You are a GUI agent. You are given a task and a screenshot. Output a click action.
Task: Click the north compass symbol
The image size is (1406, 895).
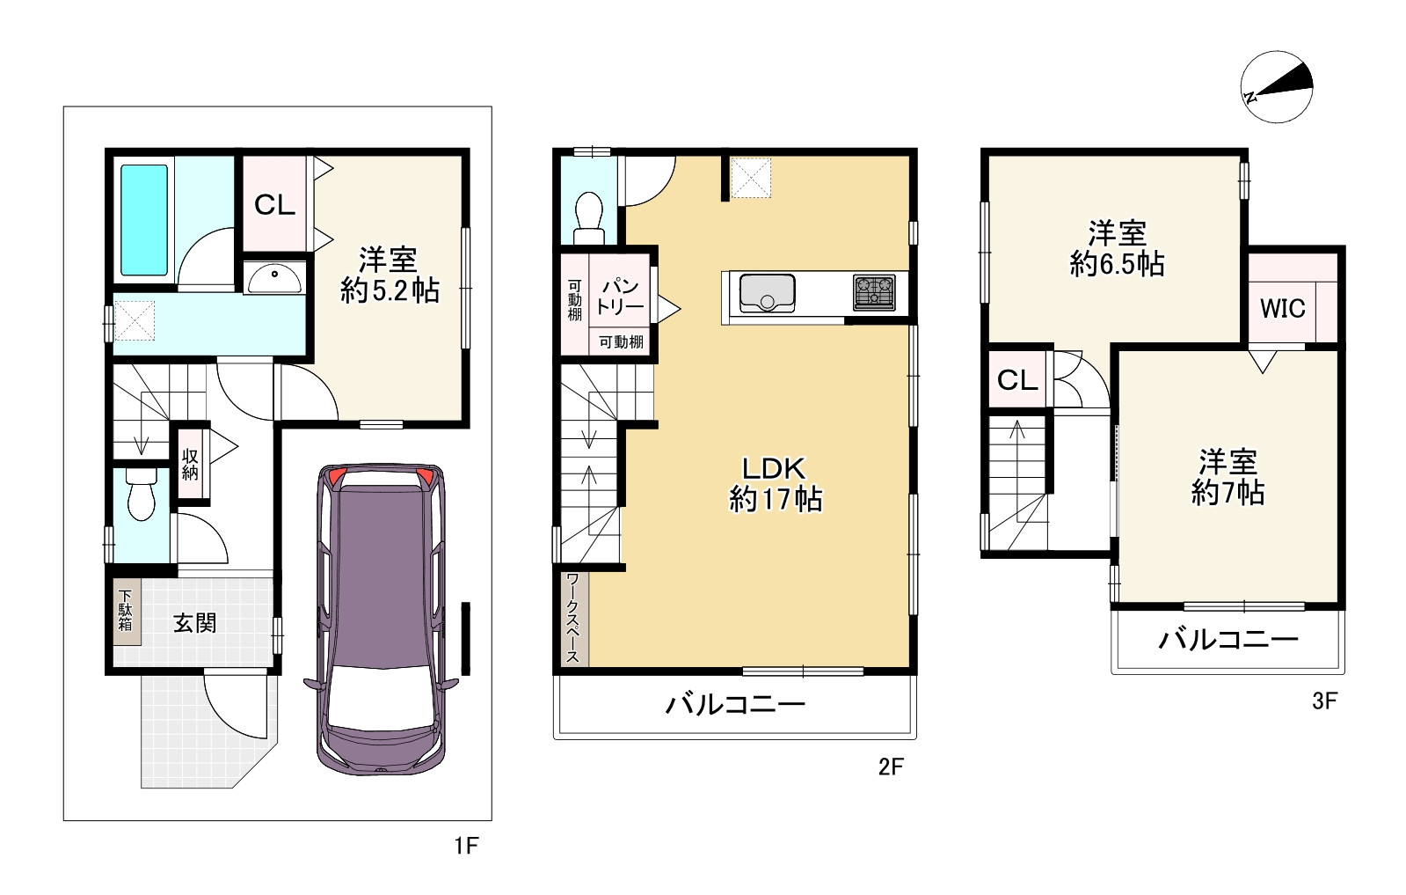pyautogui.click(x=1277, y=86)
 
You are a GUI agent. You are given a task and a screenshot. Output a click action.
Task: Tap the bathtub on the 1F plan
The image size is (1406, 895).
pyautogui.click(x=143, y=220)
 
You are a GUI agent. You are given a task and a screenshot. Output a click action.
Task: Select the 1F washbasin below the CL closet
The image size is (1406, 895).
pyautogui.click(x=274, y=278)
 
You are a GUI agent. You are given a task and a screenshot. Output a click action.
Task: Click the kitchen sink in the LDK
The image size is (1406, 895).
pyautogui.click(x=767, y=293)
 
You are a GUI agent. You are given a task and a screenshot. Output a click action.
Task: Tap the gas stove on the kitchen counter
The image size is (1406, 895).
pyautogui.click(x=874, y=293)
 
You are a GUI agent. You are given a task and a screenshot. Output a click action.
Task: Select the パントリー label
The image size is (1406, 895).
pyautogui.click(x=620, y=297)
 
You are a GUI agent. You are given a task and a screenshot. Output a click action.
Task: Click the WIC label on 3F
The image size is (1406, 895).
pyautogui.click(x=1282, y=308)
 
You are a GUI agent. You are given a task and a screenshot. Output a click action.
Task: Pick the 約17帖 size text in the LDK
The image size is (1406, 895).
pyautogui.click(x=776, y=500)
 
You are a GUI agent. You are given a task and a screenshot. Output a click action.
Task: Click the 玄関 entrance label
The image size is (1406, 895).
pyautogui.click(x=195, y=623)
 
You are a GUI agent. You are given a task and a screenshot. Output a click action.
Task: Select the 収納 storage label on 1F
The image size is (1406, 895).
pyautogui.click(x=190, y=464)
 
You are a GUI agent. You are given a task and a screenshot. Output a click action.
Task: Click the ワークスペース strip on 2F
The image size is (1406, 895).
pyautogui.click(x=574, y=618)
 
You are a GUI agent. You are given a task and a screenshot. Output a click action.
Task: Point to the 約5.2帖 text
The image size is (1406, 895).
pyautogui.click(x=390, y=290)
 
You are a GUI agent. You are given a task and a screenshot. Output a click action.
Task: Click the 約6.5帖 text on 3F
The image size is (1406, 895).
pyautogui.click(x=1118, y=264)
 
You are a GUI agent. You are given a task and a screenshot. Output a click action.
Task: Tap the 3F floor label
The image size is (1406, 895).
pyautogui.click(x=1324, y=701)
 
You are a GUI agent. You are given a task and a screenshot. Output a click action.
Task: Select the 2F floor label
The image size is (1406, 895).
pyautogui.click(x=891, y=767)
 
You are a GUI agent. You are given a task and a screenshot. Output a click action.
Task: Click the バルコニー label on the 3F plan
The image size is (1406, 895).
pyautogui.click(x=1228, y=640)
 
